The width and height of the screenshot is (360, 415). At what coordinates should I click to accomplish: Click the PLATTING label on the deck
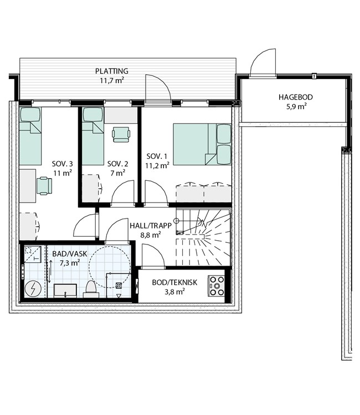coord(111,71)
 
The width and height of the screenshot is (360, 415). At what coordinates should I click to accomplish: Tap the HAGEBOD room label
coord(295,97)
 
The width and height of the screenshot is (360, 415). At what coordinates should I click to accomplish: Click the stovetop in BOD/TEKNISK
coord(217,286)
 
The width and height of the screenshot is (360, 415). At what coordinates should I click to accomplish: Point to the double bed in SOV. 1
coord(202,144)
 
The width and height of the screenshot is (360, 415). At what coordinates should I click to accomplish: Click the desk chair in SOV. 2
coord(121,134)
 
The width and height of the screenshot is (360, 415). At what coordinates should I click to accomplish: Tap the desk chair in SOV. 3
coord(44,186)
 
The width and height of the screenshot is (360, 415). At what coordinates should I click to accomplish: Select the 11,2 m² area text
coord(157,165)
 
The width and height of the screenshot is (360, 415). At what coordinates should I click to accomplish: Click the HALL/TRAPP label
coord(151,226)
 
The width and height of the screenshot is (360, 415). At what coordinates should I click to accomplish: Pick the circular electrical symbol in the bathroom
coord(33,289)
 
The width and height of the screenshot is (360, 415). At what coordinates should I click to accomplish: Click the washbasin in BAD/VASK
coord(65,290)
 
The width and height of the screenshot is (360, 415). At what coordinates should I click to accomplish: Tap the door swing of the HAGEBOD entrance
coord(263,63)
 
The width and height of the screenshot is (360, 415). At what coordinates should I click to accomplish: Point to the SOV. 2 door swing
coord(122,193)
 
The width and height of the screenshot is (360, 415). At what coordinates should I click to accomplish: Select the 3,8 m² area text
coord(174,292)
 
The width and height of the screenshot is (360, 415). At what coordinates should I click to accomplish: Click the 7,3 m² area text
coord(70,263)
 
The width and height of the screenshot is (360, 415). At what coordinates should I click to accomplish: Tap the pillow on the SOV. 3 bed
coord(30,115)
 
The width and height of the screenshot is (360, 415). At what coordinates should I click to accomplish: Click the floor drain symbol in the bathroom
coord(119,285)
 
